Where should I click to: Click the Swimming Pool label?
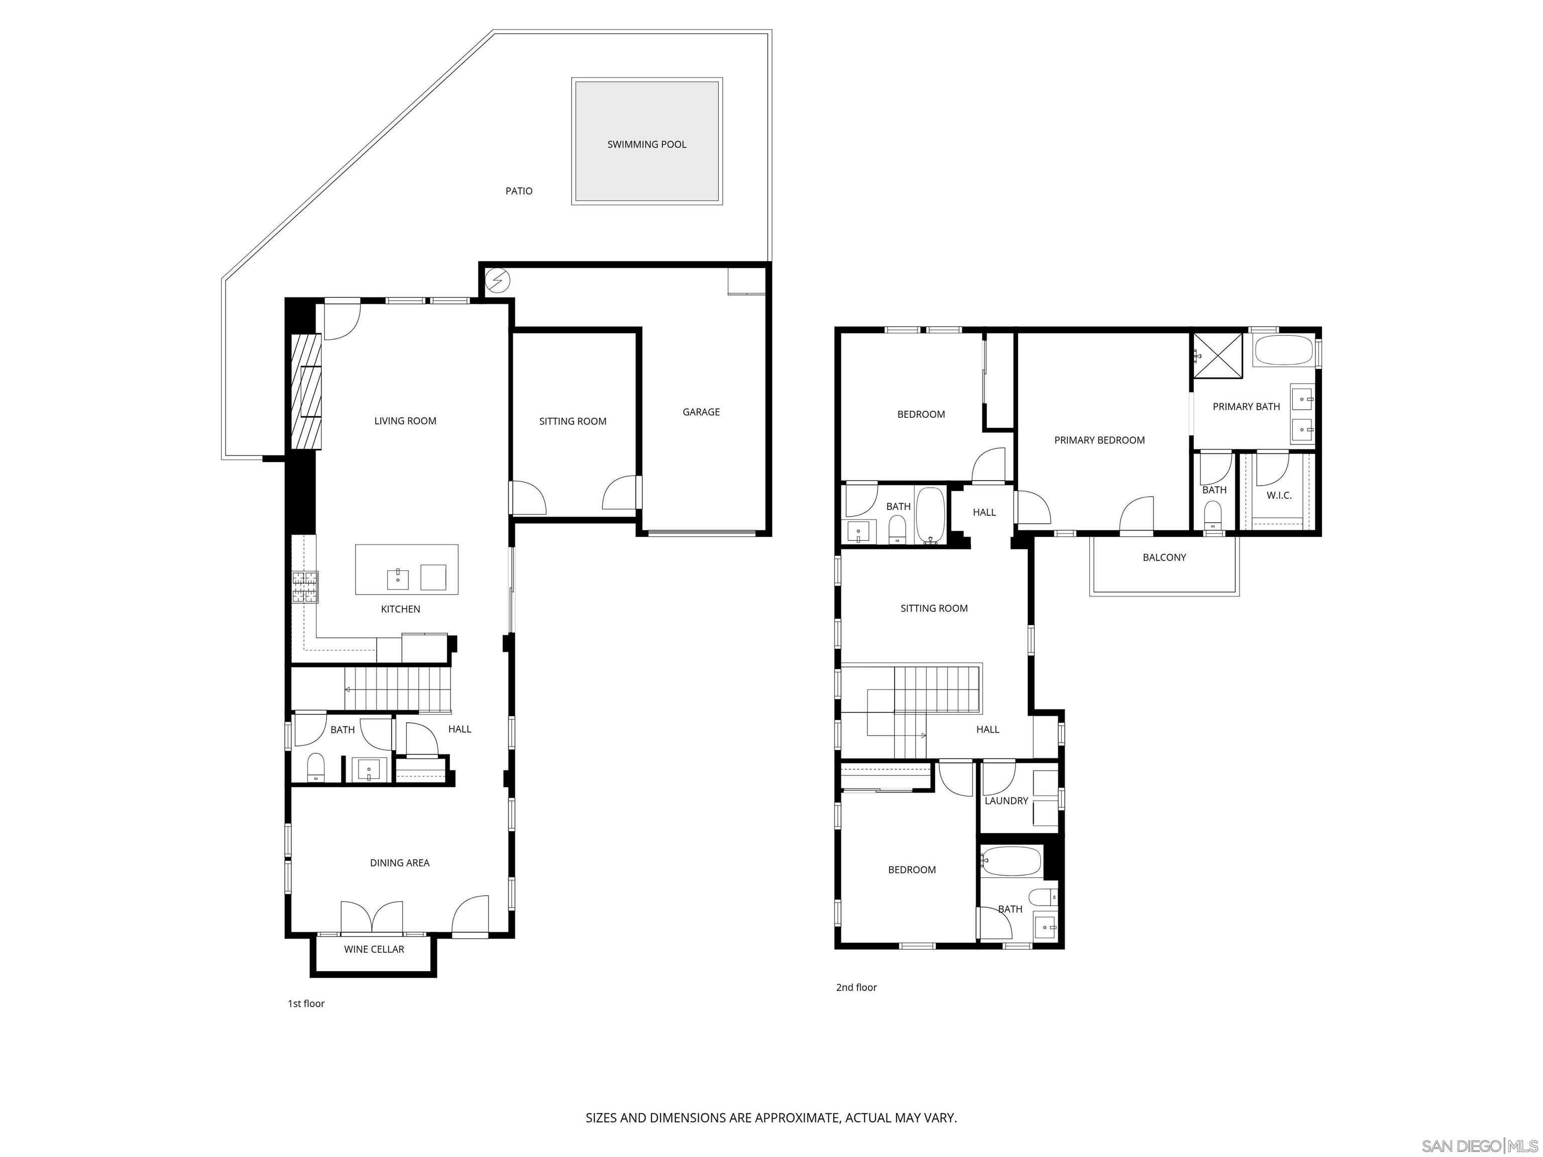click(x=646, y=144)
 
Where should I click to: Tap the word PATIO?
click(x=518, y=191)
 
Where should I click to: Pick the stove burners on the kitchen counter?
click(x=305, y=587)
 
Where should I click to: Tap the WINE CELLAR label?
click(x=374, y=949)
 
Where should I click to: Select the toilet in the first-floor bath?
click(x=316, y=767)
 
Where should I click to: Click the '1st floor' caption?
click(x=306, y=1003)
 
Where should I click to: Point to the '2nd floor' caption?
click(x=856, y=988)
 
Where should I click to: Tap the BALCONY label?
click(x=1163, y=557)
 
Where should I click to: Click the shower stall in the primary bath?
click(x=1217, y=356)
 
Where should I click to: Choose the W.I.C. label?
click(x=1279, y=495)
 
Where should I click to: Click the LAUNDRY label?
click(x=1006, y=800)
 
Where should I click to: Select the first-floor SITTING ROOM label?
click(x=572, y=421)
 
